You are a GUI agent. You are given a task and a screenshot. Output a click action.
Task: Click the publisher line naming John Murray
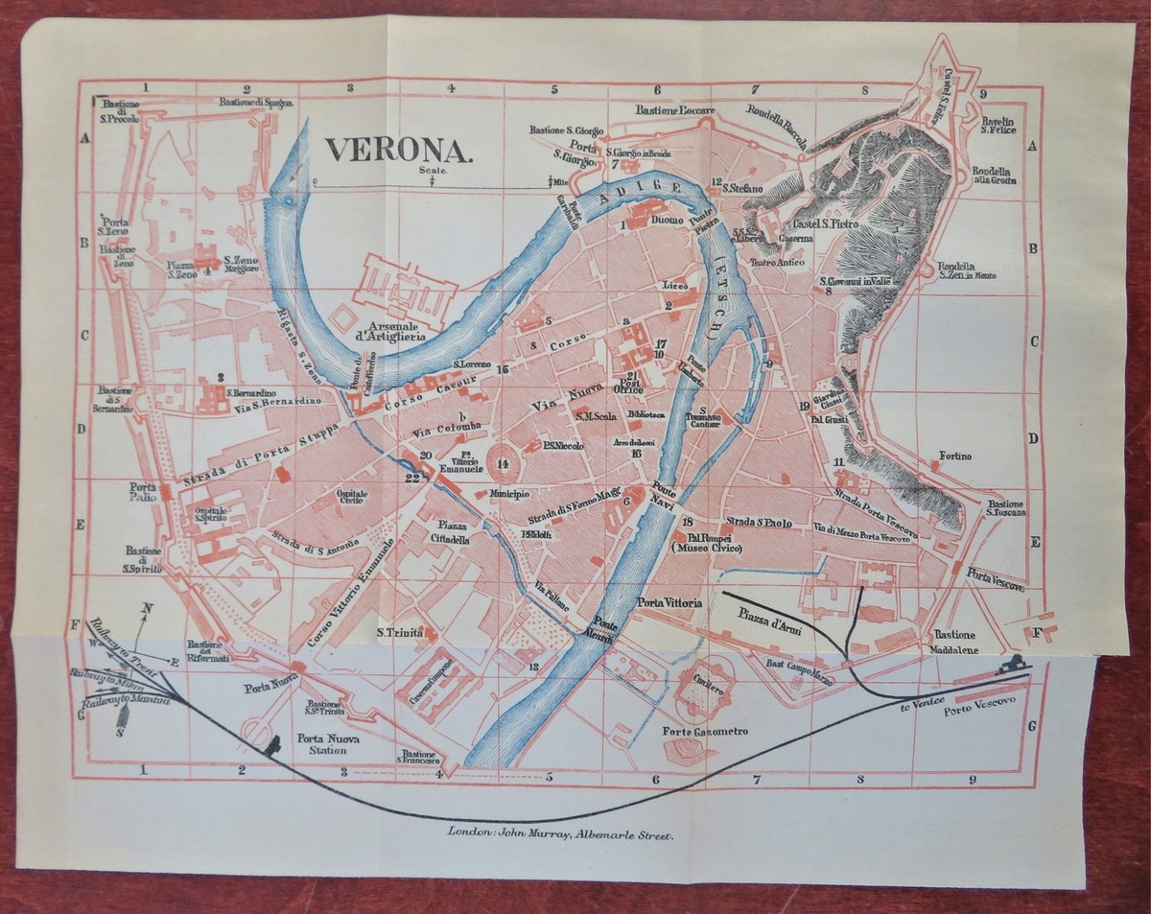pyautogui.click(x=561, y=833)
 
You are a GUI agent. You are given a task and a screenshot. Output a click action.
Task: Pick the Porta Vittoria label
pyautogui.click(x=670, y=603)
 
